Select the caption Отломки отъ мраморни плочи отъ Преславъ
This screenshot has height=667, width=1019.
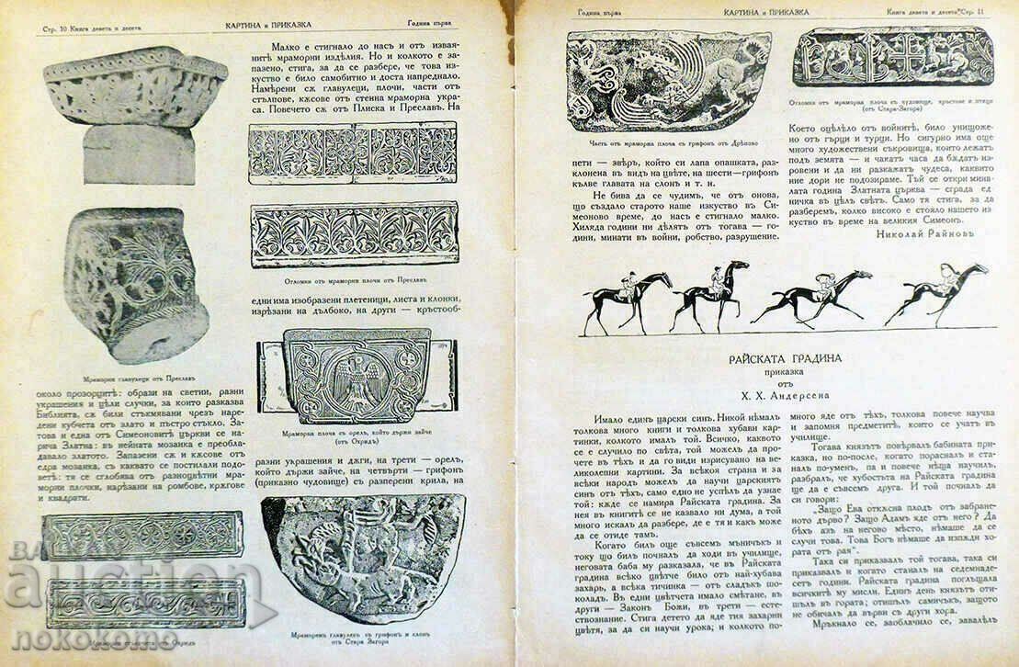pos(354,280)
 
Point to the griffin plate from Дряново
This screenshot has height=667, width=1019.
pos(668,81)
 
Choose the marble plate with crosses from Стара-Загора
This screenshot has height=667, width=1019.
pos(892,56)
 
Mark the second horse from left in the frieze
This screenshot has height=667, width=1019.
pos(710,294)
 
